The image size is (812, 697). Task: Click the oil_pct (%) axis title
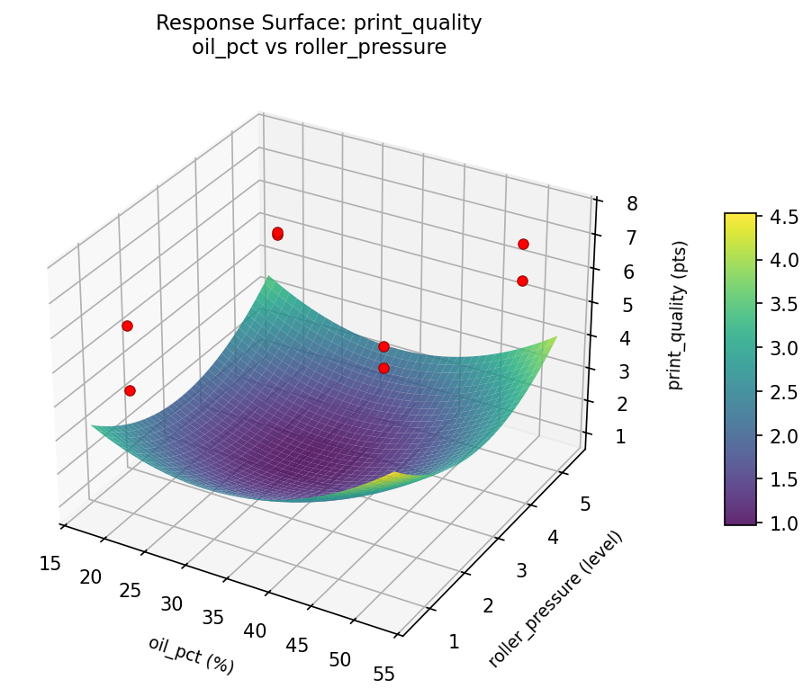click(x=191, y=655)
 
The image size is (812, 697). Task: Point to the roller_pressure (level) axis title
click(x=555, y=599)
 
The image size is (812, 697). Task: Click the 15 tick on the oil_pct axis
click(x=50, y=563)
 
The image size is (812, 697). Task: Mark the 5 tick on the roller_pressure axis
click(x=586, y=504)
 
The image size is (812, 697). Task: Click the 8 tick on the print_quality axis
click(x=632, y=203)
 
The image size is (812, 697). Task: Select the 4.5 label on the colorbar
click(x=783, y=217)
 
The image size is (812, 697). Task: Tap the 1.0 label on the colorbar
click(x=783, y=523)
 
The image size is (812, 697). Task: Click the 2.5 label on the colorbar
click(x=783, y=391)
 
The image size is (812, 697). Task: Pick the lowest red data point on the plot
click(x=131, y=390)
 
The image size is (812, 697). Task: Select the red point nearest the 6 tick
click(x=522, y=281)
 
